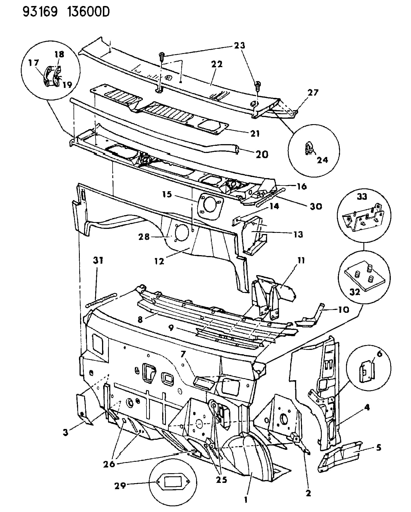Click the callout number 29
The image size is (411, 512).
(x=120, y=485)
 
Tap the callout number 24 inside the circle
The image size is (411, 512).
(x=322, y=160)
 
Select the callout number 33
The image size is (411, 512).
(x=362, y=197)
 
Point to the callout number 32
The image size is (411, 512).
(x=355, y=292)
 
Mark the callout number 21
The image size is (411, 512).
(x=255, y=133)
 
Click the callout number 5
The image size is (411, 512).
(x=378, y=447)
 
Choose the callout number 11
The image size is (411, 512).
(x=301, y=260)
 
